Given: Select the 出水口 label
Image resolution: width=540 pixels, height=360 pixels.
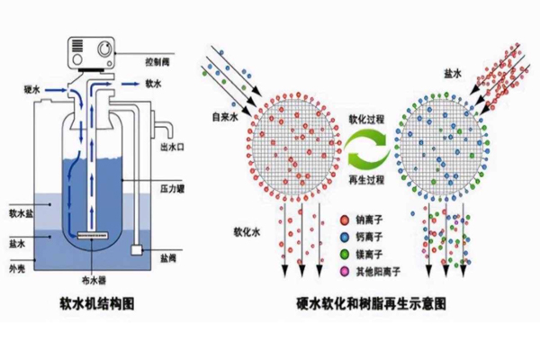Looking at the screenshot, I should click(x=172, y=147).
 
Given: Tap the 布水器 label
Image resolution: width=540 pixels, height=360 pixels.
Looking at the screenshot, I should click(x=101, y=277).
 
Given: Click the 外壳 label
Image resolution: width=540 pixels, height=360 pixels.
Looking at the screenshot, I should click(x=17, y=266).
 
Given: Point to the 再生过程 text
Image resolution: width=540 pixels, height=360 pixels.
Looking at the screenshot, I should click(x=366, y=180).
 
